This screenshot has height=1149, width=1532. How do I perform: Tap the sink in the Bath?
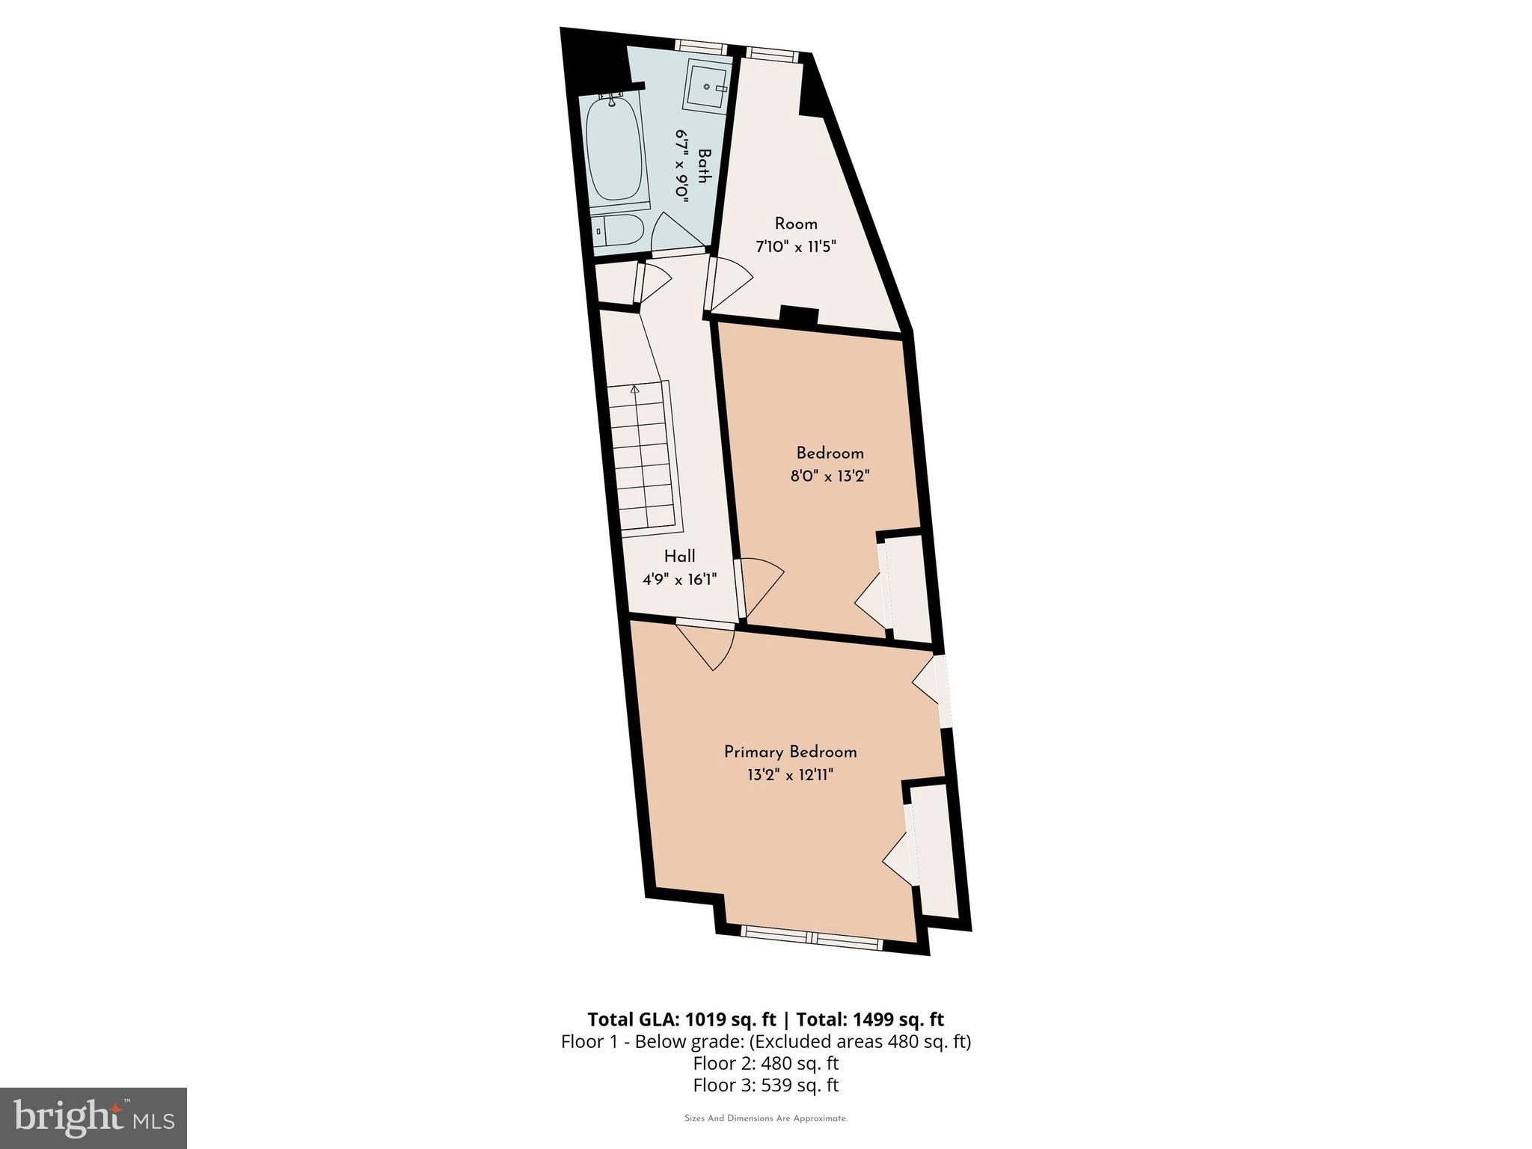(706, 86)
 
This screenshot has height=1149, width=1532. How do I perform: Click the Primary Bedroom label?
(790, 752)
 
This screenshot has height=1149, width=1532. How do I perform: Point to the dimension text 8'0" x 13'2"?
(830, 476)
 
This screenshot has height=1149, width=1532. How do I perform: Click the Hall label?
(679, 557)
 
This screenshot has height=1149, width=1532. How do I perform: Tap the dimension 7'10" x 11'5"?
(795, 246)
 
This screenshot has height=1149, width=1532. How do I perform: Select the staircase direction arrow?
(635, 389)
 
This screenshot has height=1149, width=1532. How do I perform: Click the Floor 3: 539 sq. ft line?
(766, 1085)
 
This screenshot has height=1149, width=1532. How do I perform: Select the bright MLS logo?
(94, 1118)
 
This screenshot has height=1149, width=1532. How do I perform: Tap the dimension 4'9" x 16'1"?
(679, 579)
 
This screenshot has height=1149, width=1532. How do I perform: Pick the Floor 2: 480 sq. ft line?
(766, 1063)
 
